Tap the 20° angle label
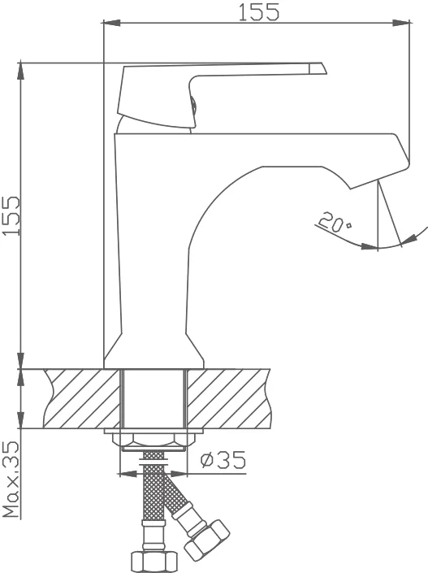(x=335, y=222)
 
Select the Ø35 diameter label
(x=223, y=460)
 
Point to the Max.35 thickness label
(x=11, y=479)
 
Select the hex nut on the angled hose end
(x=207, y=539)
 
